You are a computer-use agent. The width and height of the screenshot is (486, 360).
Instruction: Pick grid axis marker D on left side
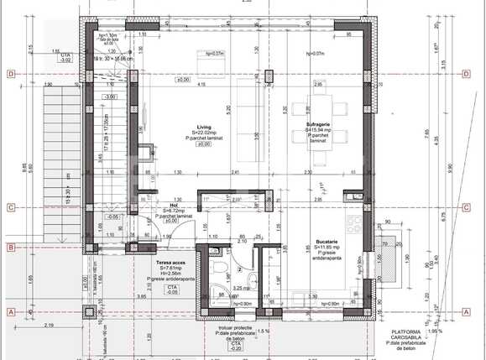tap(10, 75)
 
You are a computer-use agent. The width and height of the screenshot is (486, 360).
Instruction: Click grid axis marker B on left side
tap(10, 247)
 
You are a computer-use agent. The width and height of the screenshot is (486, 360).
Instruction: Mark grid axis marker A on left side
tap(10, 311)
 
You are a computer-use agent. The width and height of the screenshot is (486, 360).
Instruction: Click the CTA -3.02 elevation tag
tap(65, 58)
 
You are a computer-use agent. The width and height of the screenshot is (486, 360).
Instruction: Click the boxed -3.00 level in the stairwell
tap(108, 97)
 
